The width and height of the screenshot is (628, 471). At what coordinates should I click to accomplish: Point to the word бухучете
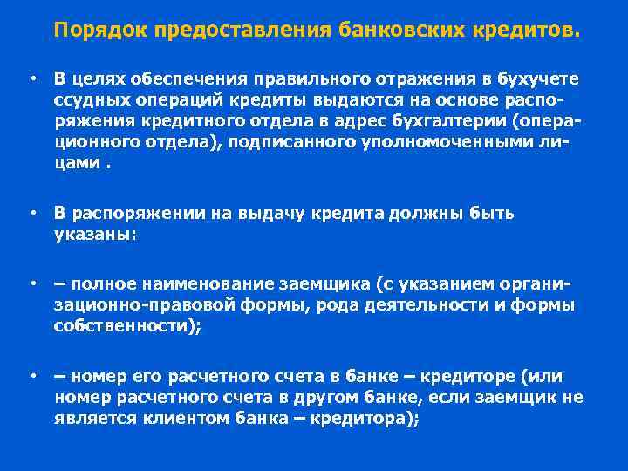pyautogui.click(x=536, y=79)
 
